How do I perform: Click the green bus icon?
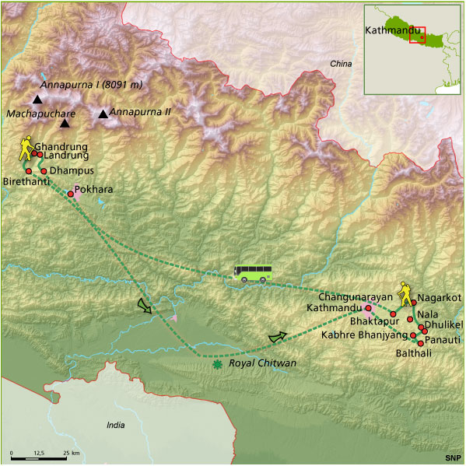click(x=253, y=272)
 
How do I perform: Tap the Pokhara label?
click(x=94, y=189)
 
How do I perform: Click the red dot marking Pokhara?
click(x=71, y=194)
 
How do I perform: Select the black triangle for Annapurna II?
click(x=103, y=114)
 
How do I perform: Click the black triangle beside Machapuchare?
click(x=65, y=123)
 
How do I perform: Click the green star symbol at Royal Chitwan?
click(x=217, y=363)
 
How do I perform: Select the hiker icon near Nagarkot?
click(x=404, y=294)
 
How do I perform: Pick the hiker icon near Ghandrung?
click(x=26, y=149)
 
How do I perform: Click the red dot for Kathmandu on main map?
click(x=368, y=308)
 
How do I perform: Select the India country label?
click(x=116, y=425)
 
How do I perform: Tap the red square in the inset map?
click(x=417, y=35)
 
